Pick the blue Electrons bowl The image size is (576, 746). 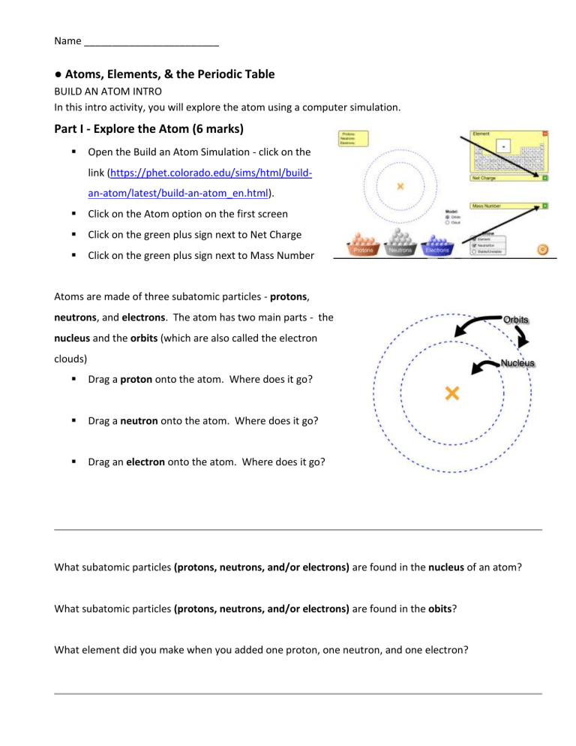[x=436, y=248]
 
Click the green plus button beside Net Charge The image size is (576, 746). [x=544, y=178]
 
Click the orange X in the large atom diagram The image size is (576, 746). [x=451, y=393]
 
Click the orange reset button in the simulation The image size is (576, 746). [x=543, y=248]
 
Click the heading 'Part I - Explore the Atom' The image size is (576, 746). [x=148, y=128]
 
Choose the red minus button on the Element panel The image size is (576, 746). [x=545, y=134]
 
